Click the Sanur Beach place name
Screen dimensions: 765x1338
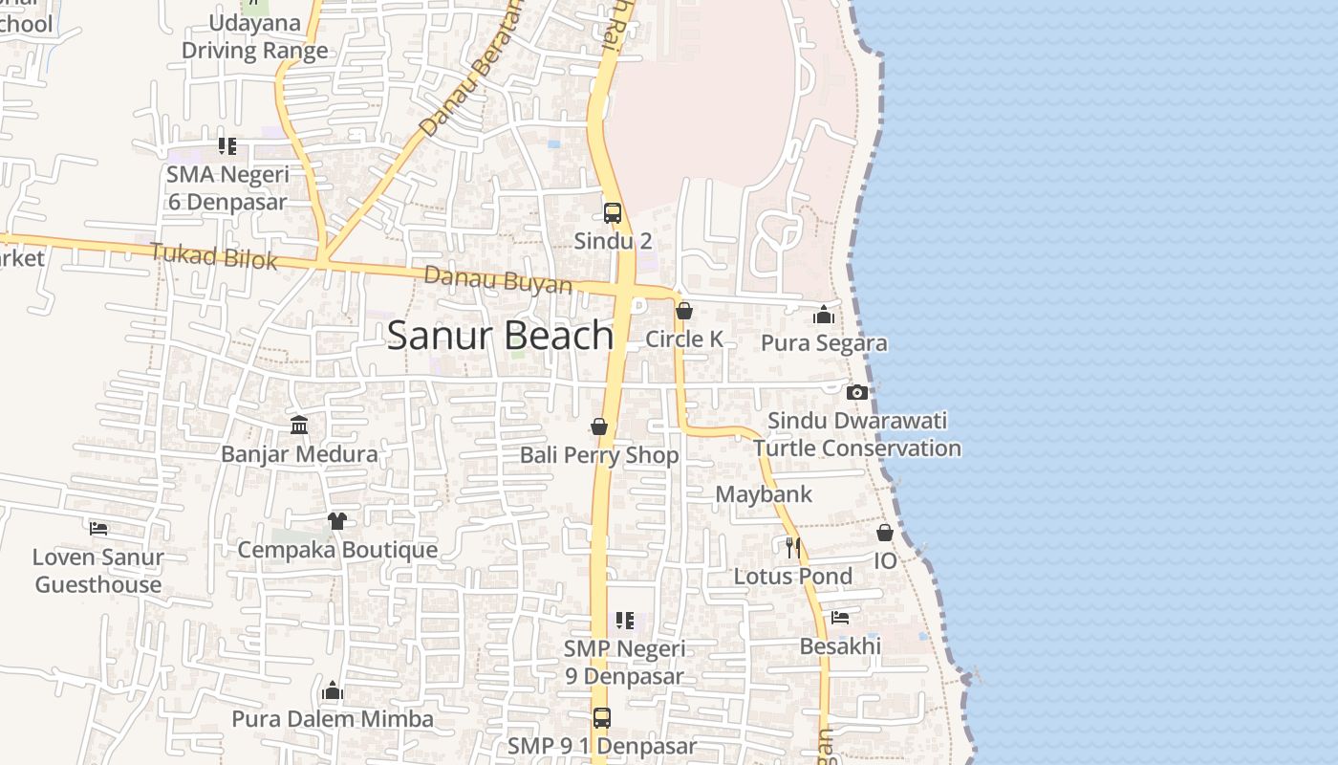pyautogui.click(x=500, y=336)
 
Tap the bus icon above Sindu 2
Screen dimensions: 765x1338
pyautogui.click(x=613, y=213)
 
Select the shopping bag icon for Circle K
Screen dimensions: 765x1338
pyautogui.click(x=684, y=311)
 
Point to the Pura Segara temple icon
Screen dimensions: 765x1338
pyautogui.click(x=824, y=315)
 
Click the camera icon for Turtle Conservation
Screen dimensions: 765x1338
pyautogui.click(x=857, y=392)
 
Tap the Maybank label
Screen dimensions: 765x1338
pyautogui.click(x=764, y=494)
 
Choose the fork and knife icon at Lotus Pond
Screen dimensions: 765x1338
pyautogui.click(x=792, y=547)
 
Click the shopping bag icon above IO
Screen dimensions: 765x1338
pyautogui.click(x=885, y=533)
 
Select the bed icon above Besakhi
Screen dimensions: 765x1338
pyautogui.click(x=840, y=618)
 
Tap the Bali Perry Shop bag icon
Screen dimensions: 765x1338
pyautogui.click(x=599, y=426)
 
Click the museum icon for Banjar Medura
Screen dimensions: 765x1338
pyautogui.click(x=299, y=425)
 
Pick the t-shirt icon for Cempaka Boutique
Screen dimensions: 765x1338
pyautogui.click(x=336, y=521)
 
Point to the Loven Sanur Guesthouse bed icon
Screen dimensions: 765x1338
pyautogui.click(x=98, y=528)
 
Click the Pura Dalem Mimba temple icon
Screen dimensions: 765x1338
pyautogui.click(x=333, y=690)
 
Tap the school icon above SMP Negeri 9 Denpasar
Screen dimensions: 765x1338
pyautogui.click(x=624, y=621)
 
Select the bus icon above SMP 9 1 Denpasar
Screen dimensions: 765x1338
pyautogui.click(x=601, y=717)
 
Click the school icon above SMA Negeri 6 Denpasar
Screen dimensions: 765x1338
pyautogui.click(x=227, y=146)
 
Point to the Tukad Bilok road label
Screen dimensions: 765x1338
pyautogui.click(x=214, y=256)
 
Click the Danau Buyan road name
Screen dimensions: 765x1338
pyautogui.click(x=498, y=280)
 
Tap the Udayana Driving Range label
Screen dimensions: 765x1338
pyautogui.click(x=254, y=36)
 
